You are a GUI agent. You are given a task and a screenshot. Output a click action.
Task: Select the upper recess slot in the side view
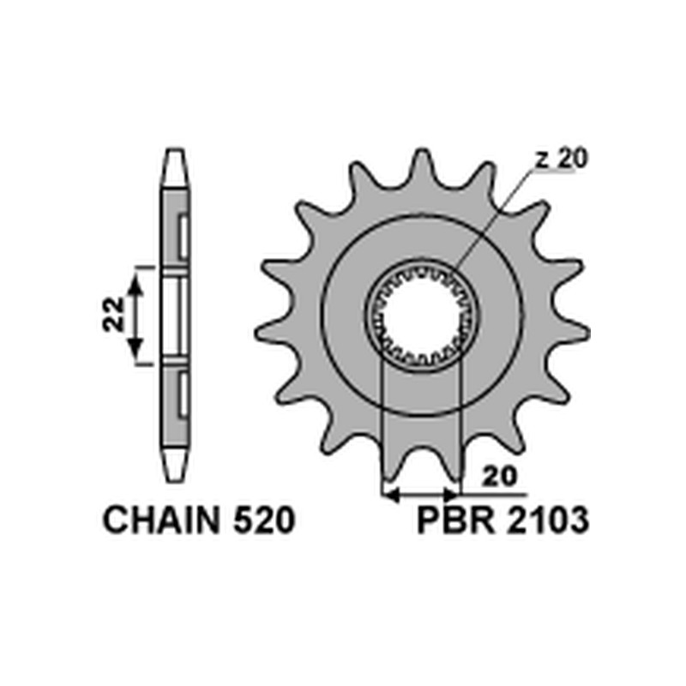click(183, 238)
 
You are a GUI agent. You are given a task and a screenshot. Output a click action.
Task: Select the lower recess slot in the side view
click(183, 395)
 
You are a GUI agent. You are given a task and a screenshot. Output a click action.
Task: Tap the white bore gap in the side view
click(173, 315)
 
